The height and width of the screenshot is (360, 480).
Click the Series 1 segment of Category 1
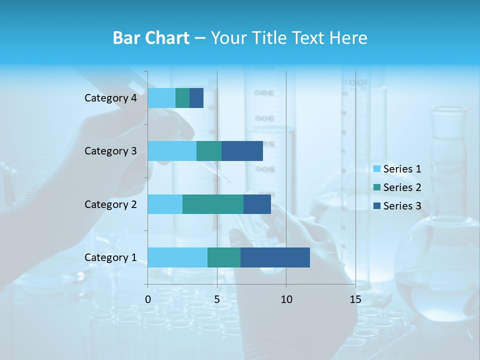point(177,257)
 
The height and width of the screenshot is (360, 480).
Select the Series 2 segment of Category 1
point(224,257)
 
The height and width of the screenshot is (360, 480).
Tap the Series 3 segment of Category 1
point(275,257)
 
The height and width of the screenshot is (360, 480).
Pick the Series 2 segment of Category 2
point(213,204)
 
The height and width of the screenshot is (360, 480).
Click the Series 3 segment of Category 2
point(257,204)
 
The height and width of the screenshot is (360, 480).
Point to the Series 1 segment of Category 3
point(172,151)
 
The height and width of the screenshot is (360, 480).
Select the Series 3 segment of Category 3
point(242,151)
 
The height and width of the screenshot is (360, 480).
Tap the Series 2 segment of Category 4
point(182,98)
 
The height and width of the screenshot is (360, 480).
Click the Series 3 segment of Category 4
point(196,98)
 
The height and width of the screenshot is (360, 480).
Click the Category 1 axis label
point(110,257)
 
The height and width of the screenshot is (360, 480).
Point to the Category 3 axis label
point(110,151)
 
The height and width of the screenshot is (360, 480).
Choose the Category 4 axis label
point(110,98)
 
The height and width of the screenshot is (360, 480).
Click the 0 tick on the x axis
point(148,299)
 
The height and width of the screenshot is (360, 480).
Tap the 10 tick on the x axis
point(286,299)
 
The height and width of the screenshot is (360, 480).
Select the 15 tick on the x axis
point(355,299)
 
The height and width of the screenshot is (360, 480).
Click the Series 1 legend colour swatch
point(377,169)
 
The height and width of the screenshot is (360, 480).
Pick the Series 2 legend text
point(402,187)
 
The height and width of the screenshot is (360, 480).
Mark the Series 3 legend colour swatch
point(377,206)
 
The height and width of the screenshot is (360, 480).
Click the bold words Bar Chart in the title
point(151,38)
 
